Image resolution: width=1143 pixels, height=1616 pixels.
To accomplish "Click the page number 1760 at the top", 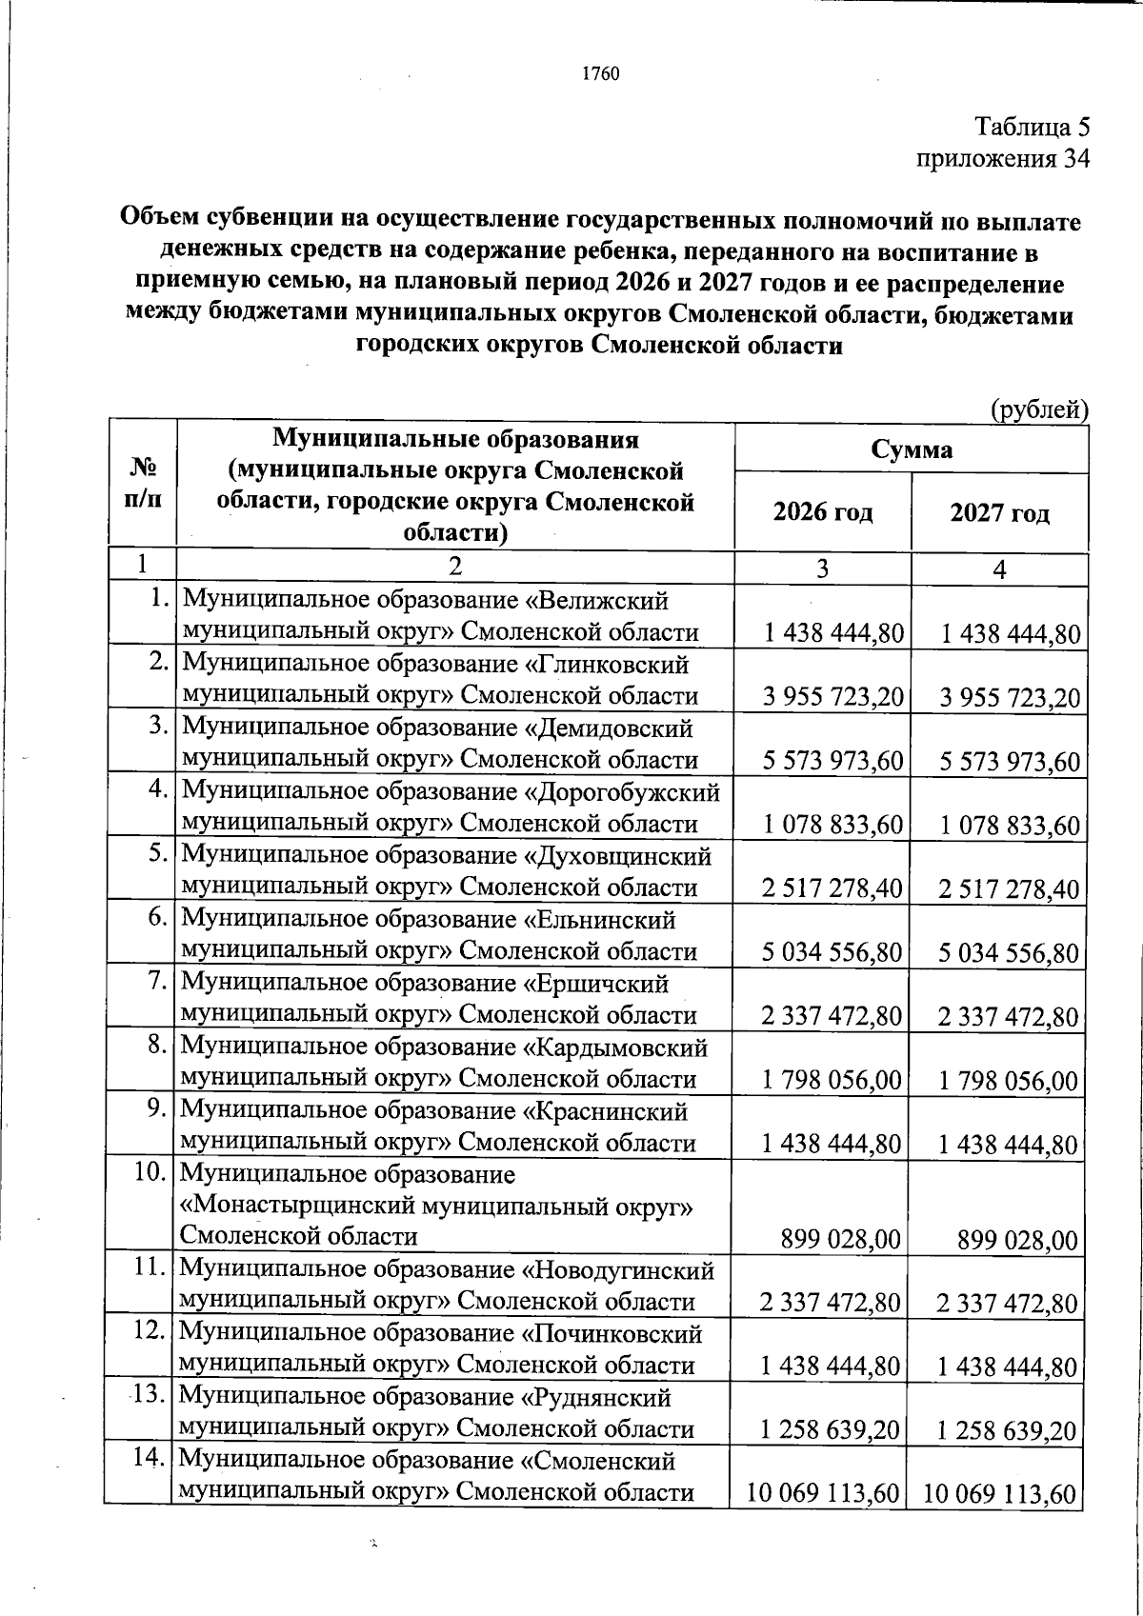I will click(x=600, y=73).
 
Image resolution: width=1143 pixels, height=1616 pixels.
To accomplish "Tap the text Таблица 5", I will click(x=1032, y=127).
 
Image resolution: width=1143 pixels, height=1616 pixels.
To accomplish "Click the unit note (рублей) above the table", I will click(x=1039, y=409).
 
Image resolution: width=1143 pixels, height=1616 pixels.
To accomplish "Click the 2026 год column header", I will click(x=822, y=513).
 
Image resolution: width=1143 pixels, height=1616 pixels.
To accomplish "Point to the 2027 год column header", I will click(x=999, y=513).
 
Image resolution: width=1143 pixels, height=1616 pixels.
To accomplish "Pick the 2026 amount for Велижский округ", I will click(x=832, y=633).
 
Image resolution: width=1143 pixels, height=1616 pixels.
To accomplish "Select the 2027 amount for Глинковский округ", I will click(x=1009, y=698).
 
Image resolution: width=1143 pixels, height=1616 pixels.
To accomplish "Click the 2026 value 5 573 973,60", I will click(x=832, y=761).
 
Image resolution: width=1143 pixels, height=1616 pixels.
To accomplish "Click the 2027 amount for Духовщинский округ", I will click(x=1009, y=888).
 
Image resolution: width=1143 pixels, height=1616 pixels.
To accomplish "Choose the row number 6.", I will click(x=160, y=919).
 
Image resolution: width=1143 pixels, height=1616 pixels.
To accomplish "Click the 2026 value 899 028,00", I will click(x=840, y=1239).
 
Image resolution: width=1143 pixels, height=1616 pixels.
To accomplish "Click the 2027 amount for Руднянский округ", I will click(x=1009, y=1430).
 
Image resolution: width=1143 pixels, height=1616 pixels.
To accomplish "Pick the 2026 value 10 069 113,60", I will click(x=824, y=1493).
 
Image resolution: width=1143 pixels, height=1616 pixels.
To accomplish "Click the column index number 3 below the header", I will click(x=821, y=569).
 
